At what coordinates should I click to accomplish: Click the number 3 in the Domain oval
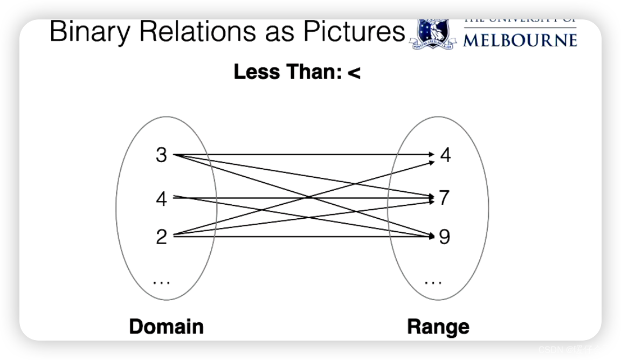[x=161, y=155]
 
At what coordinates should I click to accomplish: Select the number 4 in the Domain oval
[x=161, y=199]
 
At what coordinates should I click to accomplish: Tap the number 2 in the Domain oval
[x=161, y=237]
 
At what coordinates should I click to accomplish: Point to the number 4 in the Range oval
[x=445, y=155]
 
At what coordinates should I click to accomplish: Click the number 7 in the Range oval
[x=444, y=198]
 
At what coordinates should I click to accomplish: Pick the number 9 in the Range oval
[x=444, y=237]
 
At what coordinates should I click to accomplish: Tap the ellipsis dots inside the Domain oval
[x=161, y=282]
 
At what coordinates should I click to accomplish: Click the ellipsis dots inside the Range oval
[x=433, y=282]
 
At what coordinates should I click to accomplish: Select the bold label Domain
[x=166, y=327]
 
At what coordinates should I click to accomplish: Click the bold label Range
[x=438, y=327]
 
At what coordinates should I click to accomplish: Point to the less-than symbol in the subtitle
[x=354, y=72]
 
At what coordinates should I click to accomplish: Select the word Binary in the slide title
[x=90, y=32]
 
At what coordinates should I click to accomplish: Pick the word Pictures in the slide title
[x=352, y=32]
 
